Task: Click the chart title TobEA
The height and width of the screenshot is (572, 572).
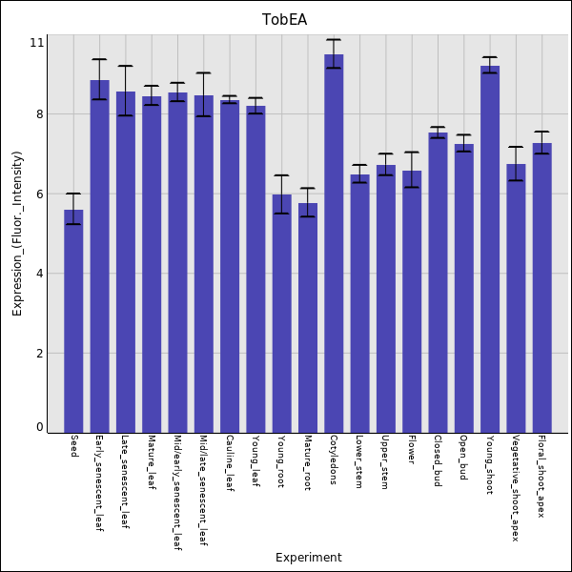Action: click(x=285, y=20)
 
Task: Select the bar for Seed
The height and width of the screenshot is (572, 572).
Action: click(x=73, y=320)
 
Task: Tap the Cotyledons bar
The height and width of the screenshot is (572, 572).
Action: click(x=334, y=243)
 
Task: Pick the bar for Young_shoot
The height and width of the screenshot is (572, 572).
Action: click(x=490, y=249)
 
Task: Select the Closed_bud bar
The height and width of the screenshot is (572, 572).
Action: click(x=438, y=282)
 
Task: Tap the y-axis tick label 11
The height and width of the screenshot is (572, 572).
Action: click(x=37, y=43)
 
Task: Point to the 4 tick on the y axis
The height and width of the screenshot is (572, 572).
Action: click(x=39, y=274)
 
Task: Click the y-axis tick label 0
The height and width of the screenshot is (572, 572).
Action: click(x=39, y=427)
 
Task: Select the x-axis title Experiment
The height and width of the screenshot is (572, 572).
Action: click(x=308, y=558)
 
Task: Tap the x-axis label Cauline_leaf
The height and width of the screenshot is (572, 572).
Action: click(x=230, y=463)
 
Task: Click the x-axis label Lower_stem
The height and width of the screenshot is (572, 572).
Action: click(x=359, y=462)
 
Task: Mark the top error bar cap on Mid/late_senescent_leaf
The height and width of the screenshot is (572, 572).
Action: click(x=204, y=72)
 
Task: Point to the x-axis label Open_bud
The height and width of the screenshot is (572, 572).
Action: click(x=463, y=458)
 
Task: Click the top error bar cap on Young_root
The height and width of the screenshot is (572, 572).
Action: click(x=281, y=175)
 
